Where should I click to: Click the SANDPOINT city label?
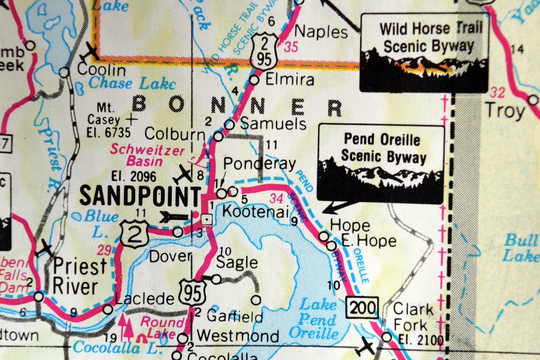coord(140,196)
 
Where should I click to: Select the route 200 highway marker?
coord(362,308)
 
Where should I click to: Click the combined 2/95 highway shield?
coord(264,51)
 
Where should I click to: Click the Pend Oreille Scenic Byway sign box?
coord(381,164)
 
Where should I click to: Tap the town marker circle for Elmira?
coord(255,80)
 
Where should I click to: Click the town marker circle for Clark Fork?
coord(386,337)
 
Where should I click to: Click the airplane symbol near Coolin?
coord(89,52)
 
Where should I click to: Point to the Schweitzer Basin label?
coord(147,155)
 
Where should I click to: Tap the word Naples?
coord(321,32)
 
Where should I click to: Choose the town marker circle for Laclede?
coord(108,309)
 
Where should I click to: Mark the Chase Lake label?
coord(132,83)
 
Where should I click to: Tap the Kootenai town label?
coord(256,211)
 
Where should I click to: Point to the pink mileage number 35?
coord(291,47)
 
